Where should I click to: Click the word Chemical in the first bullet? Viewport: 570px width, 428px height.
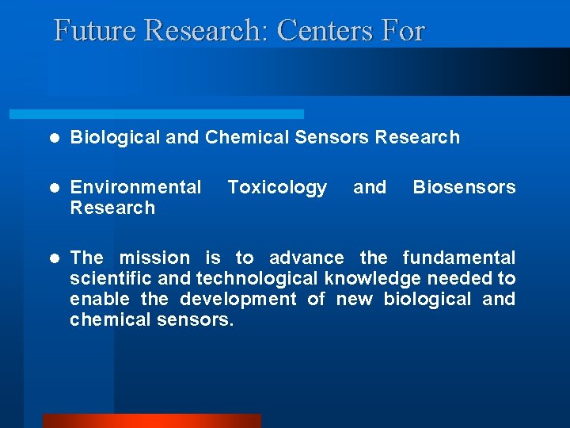pyautogui.click(x=247, y=137)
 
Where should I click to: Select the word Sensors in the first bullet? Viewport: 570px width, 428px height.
pyautogui.click(x=332, y=137)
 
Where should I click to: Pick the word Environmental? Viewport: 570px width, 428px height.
pyautogui.click(x=135, y=187)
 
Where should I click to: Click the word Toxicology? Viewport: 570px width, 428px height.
pyautogui.click(x=277, y=187)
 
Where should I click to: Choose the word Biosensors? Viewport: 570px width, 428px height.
pyautogui.click(x=464, y=187)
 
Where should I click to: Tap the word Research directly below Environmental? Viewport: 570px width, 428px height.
pyautogui.click(x=112, y=208)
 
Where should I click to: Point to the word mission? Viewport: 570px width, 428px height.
pyautogui.click(x=154, y=258)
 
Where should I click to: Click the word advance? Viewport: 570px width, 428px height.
pyautogui.click(x=306, y=258)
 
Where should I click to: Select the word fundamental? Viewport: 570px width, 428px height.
pyautogui.click(x=459, y=258)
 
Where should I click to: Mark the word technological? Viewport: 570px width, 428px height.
pyautogui.click(x=258, y=278)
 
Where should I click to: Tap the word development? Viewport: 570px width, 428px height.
pyautogui.click(x=238, y=299)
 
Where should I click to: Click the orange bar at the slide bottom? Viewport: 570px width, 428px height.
pyautogui.click(x=151, y=421)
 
